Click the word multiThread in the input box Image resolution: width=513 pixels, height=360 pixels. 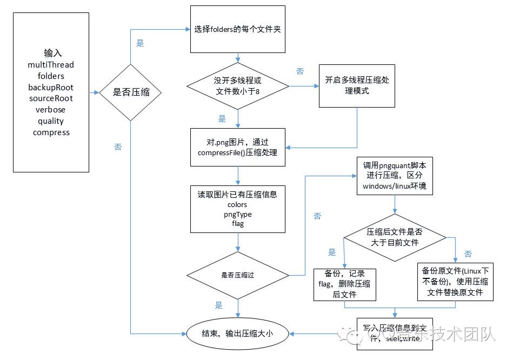click(x=51, y=65)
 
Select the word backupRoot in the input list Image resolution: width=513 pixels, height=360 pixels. click(x=51, y=87)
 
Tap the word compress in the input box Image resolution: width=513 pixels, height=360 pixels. click(x=51, y=132)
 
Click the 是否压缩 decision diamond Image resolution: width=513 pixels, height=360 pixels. click(x=130, y=92)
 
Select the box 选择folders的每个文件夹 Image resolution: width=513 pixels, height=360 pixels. click(x=237, y=29)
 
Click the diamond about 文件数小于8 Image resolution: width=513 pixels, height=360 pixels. click(x=237, y=86)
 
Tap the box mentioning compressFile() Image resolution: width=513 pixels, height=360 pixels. click(x=237, y=148)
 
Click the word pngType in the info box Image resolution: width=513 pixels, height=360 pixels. click(x=237, y=215)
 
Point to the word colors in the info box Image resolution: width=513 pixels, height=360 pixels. click(x=237, y=205)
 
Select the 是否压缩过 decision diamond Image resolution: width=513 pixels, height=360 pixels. click(x=237, y=275)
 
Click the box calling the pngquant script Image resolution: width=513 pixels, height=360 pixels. click(x=394, y=176)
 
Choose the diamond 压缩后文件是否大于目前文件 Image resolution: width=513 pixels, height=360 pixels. click(x=394, y=237)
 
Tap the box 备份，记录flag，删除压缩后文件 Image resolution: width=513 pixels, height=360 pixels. click(x=344, y=284)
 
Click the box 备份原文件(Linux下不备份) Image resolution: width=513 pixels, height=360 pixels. click(x=455, y=282)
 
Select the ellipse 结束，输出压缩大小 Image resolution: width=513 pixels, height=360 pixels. click(x=237, y=334)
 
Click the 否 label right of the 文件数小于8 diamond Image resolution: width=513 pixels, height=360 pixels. click(x=300, y=71)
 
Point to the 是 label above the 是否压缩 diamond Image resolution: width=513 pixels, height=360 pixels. click(x=140, y=43)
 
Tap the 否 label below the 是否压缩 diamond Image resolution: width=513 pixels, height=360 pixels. click(x=118, y=147)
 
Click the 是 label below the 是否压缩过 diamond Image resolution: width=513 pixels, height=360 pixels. click(x=218, y=305)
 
